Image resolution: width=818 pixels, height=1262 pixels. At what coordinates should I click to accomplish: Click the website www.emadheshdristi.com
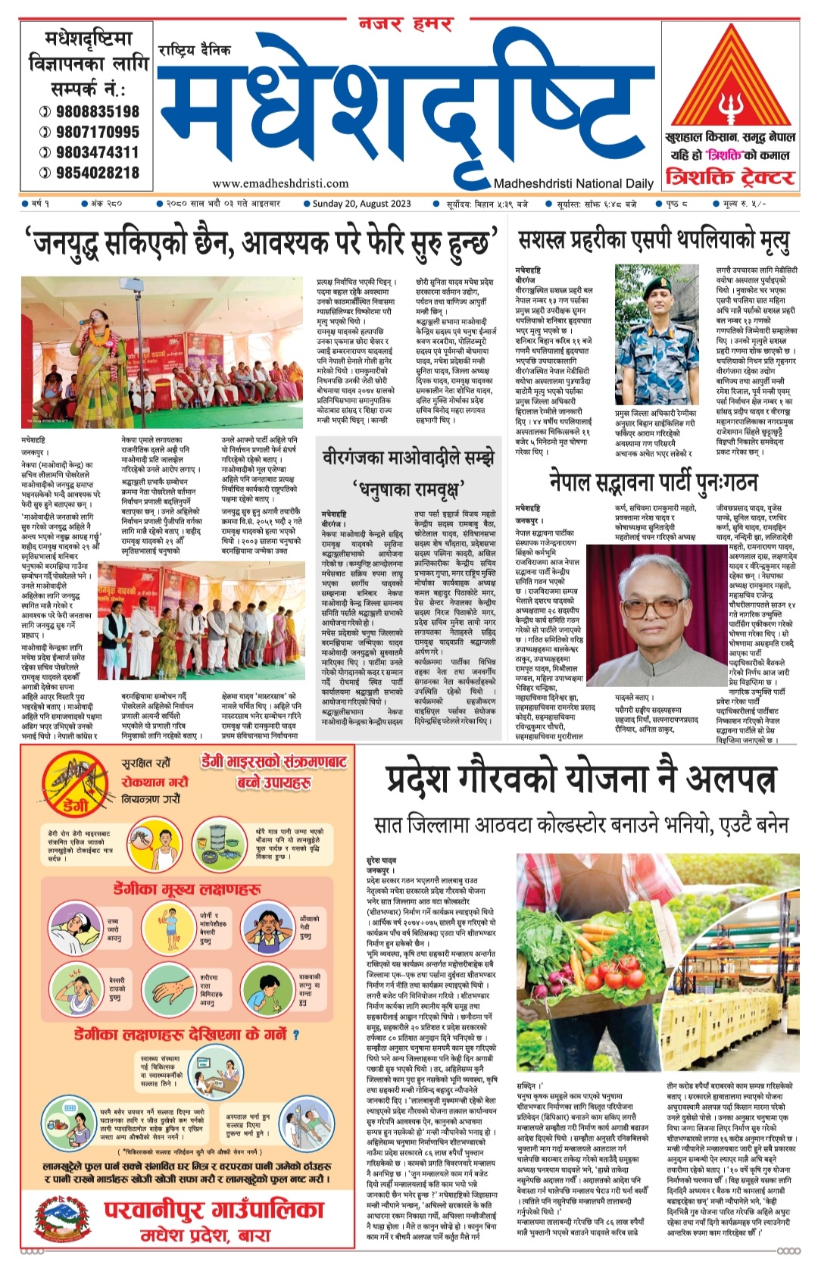click(280, 183)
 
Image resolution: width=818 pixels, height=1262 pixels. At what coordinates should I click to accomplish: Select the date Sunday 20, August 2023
click(362, 203)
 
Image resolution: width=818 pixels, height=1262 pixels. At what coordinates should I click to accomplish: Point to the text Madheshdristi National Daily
click(573, 183)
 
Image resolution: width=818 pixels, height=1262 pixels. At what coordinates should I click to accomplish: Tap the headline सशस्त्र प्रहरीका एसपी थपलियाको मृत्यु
click(654, 241)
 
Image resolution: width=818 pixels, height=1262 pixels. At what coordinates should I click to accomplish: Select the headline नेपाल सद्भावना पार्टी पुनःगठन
click(653, 481)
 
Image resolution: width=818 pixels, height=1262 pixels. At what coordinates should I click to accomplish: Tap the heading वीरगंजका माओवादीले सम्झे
click(409, 458)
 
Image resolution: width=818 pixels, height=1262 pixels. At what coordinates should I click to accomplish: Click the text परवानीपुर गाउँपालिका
click(208, 1209)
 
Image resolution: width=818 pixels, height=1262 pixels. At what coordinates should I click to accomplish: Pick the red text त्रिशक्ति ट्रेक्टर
click(730, 178)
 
